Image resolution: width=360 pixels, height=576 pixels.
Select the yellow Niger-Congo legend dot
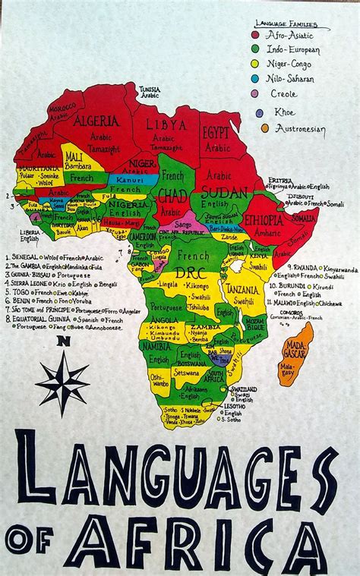click(x=256, y=64)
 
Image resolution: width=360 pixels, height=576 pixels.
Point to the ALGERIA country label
click(x=96, y=120)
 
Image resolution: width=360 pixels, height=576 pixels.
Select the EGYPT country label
click(x=216, y=132)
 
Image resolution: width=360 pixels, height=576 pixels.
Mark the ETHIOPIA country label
click(x=264, y=220)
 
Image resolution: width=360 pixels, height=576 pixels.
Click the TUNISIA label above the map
click(x=149, y=89)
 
